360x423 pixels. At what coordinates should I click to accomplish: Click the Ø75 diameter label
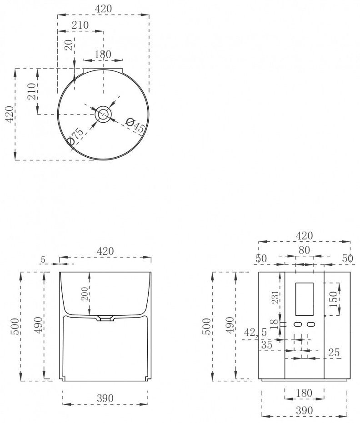(x=75, y=137)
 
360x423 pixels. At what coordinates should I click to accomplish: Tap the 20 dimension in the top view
(x=70, y=45)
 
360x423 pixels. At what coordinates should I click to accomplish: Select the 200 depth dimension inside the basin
(x=85, y=294)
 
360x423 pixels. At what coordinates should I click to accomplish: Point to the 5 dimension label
(x=43, y=260)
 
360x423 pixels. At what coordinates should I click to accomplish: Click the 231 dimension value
(x=275, y=297)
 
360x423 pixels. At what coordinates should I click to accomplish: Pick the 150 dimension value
(x=334, y=299)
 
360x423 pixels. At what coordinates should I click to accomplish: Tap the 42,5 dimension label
(x=255, y=333)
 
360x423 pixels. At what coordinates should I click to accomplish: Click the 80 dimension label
(x=304, y=250)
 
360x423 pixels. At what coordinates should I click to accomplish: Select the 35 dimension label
(x=267, y=345)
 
